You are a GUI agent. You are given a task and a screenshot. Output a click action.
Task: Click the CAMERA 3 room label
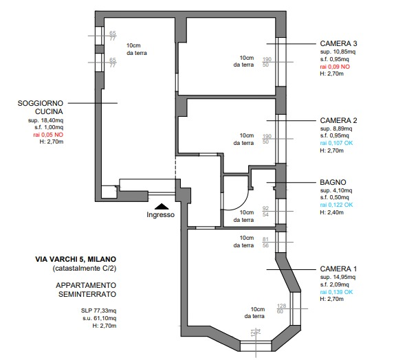pos(338,43)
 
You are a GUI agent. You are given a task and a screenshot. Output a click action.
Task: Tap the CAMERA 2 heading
pos(338,120)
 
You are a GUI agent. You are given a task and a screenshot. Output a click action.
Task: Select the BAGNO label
pos(333,182)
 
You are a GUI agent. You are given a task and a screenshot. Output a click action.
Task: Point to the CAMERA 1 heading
pos(338,269)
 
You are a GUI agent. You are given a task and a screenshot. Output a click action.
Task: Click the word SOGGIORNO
pos(41,103)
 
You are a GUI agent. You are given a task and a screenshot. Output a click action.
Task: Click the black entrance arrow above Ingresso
pos(162,206)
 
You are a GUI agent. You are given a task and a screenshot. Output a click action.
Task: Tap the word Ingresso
pos(160,215)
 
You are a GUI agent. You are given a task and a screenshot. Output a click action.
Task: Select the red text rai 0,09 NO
pos(335,67)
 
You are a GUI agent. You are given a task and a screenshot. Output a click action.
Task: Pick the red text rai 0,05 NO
pos(48,135)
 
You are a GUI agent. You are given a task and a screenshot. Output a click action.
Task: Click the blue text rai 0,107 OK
pos(336,143)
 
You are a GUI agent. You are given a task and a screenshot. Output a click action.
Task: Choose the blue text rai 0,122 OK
pos(336,205)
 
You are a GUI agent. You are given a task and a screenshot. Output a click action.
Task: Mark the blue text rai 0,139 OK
pos(336,292)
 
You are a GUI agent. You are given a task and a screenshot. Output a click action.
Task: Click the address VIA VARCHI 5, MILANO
pos(76,259)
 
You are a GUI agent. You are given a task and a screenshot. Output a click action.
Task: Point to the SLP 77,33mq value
pos(98,311)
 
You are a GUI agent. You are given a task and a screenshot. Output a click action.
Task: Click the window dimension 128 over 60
pos(281,308)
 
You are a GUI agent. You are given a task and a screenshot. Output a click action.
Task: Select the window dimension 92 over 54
pos(265,212)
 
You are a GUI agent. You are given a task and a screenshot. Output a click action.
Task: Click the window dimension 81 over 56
pos(265,243)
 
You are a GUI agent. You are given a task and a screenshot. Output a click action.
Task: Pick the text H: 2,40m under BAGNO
pos(331,212)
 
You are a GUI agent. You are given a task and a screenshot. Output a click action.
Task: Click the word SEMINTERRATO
pos(87,294)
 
